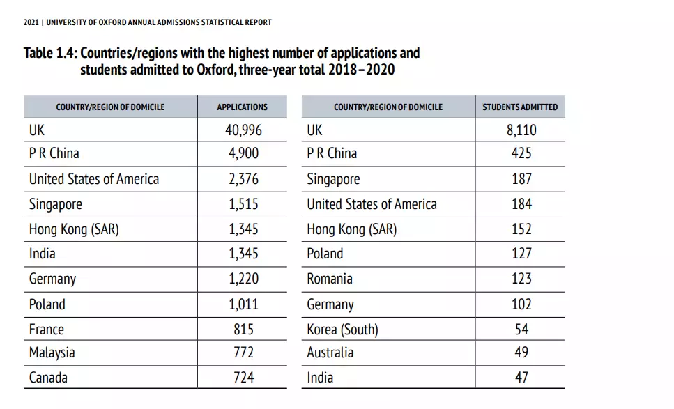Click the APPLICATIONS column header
242,107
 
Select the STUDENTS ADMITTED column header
520,107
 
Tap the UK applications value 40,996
243,130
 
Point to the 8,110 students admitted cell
521,130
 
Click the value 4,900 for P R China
243,153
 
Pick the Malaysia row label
52,353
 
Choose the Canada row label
48,378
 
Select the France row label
46,330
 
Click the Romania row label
330,279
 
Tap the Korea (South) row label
342,330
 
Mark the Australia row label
330,353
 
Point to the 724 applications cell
243,378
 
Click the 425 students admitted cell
521,153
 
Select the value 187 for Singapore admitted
521,179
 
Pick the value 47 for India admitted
521,378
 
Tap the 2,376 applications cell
243,179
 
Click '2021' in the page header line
31,22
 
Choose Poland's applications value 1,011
243,304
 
